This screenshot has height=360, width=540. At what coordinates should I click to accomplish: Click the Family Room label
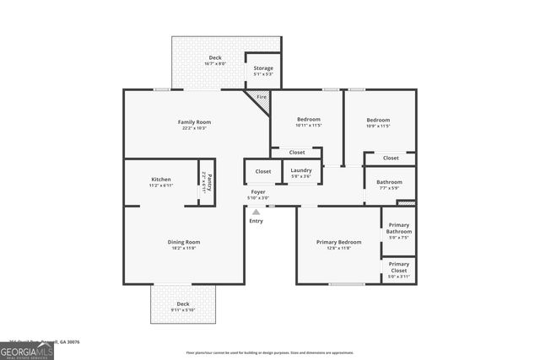(x=193, y=122)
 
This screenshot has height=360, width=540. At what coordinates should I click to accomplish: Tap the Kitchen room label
(x=161, y=180)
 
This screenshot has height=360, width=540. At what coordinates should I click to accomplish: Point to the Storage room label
(x=263, y=68)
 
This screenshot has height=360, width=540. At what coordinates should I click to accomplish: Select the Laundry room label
(x=300, y=170)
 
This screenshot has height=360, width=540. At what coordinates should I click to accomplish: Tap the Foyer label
(x=257, y=192)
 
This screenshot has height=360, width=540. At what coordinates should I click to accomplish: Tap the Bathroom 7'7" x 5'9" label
(x=389, y=182)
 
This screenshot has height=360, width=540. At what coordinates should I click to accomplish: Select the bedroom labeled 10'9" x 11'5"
(x=378, y=120)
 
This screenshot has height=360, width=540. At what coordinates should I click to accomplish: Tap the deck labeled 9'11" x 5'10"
(x=182, y=304)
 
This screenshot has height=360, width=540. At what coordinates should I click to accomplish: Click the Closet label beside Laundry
(x=263, y=171)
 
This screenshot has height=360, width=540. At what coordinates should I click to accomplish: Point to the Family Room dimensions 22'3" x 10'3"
(x=193, y=128)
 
